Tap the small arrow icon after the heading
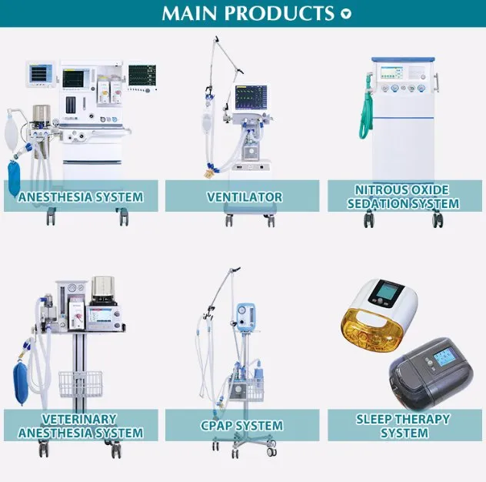point(346,14)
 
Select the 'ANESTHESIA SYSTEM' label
point(81,196)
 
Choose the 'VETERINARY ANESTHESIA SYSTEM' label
point(80,426)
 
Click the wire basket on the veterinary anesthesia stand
point(80,383)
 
